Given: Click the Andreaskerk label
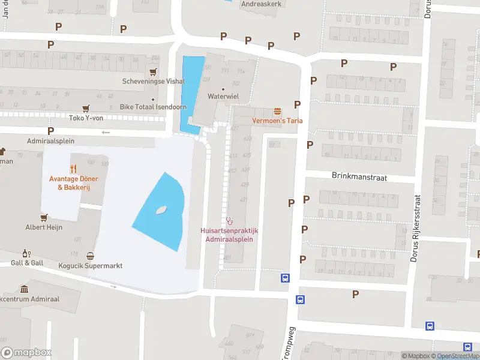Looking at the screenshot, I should click(261, 4).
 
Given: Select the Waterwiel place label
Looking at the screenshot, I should click(224, 96).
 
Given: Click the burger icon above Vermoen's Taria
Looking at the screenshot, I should click(277, 111).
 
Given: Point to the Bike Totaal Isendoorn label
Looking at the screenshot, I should click(153, 107).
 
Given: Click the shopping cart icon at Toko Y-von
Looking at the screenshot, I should click(86, 109).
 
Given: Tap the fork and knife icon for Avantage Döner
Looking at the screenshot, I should click(73, 169).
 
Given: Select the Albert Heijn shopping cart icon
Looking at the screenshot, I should click(43, 217).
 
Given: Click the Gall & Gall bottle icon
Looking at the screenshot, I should click(25, 253).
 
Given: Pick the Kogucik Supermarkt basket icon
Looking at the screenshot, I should click(91, 256).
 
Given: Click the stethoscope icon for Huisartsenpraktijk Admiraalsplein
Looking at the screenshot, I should click(229, 221).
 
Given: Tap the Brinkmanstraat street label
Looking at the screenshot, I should click(359, 177).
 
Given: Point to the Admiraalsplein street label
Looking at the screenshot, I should click(50, 141).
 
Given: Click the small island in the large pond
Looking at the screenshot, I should click(161, 211).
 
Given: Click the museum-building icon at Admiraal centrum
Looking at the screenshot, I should click(24, 289).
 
